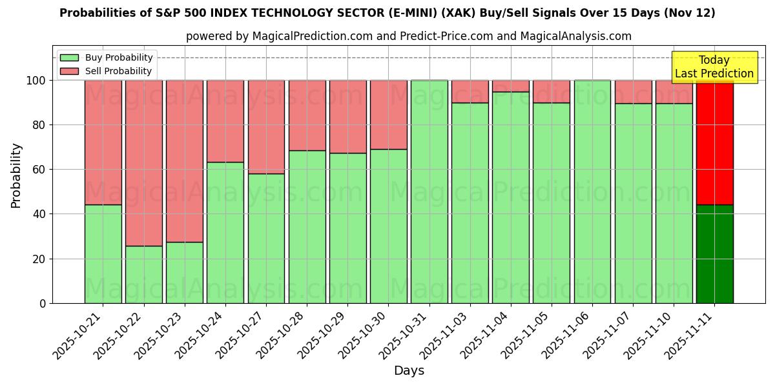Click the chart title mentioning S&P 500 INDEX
click(387, 13)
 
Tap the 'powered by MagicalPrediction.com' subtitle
click(408, 36)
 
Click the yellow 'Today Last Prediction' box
click(714, 67)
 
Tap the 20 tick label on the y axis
click(41, 259)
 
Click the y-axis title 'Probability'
click(16, 175)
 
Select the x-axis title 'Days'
click(409, 371)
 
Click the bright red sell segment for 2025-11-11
click(714, 142)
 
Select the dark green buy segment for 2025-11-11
click(714, 254)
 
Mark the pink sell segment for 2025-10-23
click(185, 161)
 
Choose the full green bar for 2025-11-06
click(592, 192)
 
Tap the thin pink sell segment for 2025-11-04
click(511, 86)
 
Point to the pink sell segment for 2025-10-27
click(266, 127)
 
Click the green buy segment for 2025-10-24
click(225, 232)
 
